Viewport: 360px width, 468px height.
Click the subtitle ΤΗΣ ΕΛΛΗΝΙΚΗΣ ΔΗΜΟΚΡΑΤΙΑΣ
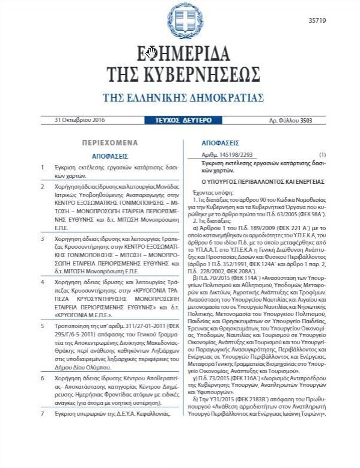(180, 97)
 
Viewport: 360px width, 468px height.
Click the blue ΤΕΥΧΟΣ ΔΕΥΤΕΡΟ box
(179, 120)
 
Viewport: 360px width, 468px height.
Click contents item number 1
(42, 166)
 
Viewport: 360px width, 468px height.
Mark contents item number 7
(42, 398)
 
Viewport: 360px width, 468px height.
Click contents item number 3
(42, 238)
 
